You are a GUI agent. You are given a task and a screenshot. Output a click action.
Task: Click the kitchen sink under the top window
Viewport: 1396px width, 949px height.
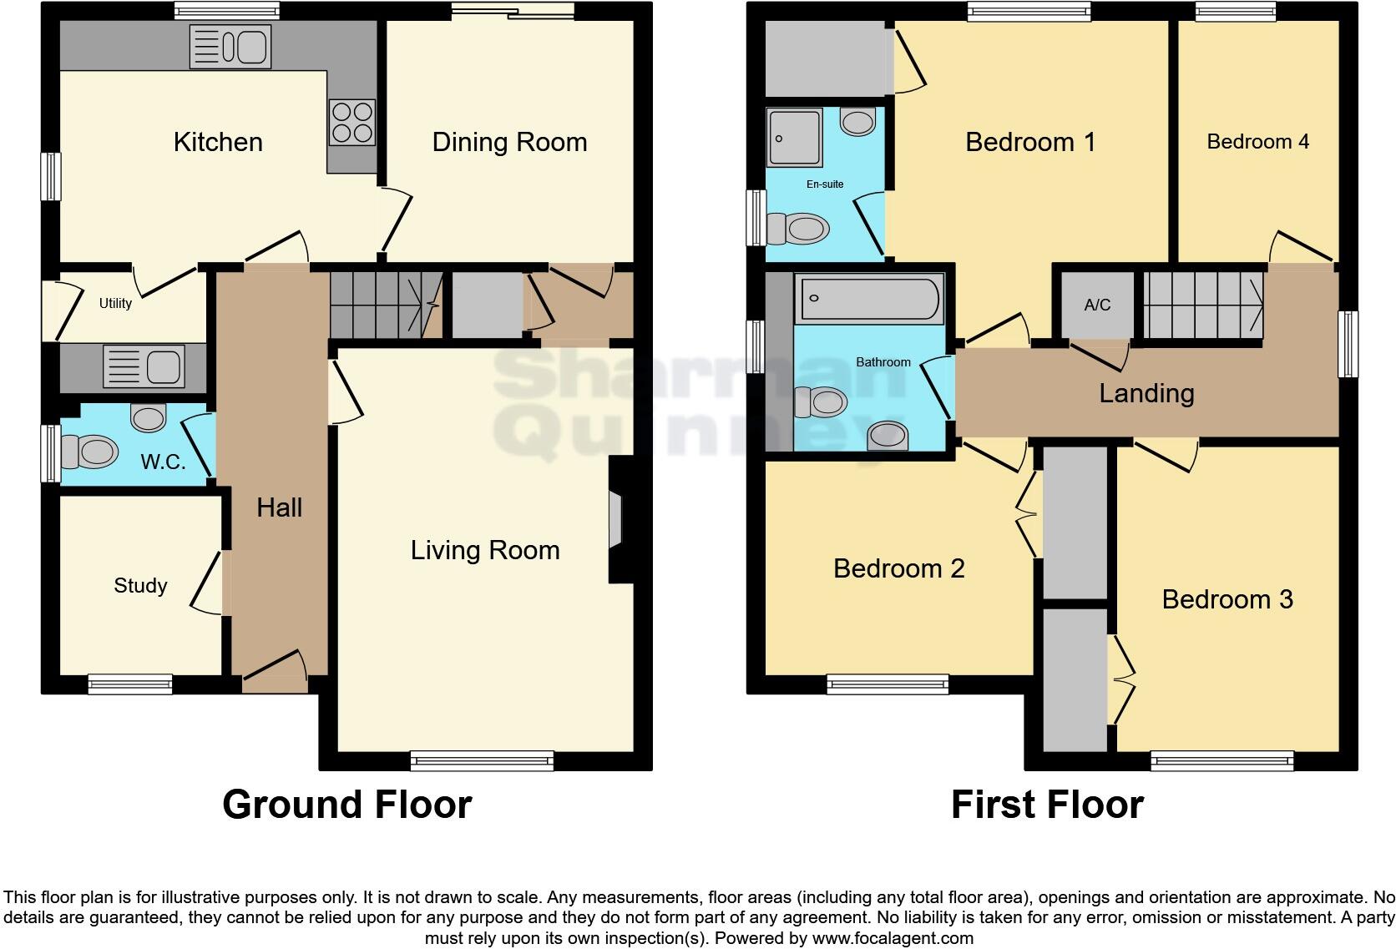pos(230,46)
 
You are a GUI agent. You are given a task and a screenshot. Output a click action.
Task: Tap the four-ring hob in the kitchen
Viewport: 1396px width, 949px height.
pos(352,122)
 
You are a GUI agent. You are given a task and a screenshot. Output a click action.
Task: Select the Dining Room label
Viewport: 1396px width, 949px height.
pos(509,142)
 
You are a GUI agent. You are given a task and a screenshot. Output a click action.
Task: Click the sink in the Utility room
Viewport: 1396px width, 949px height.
pos(143,367)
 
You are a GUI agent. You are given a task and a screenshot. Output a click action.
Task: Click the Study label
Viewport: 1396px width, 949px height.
pos(140,586)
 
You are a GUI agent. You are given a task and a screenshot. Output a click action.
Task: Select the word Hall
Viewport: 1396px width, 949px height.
pos(279,507)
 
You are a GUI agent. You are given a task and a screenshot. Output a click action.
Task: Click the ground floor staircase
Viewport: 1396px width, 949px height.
pos(385,304)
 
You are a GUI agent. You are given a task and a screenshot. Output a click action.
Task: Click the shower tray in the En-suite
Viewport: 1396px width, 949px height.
pos(795,137)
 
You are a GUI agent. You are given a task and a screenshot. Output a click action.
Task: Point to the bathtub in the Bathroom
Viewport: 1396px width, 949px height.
pos(869,300)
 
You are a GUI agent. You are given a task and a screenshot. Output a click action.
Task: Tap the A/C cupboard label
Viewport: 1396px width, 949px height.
pos(1097,305)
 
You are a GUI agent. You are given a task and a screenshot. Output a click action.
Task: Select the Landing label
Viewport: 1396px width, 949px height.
pos(1146,393)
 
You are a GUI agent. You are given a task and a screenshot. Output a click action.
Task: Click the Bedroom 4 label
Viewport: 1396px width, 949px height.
pos(1257,142)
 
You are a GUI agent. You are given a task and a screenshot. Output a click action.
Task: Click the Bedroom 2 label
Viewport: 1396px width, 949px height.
pos(898,569)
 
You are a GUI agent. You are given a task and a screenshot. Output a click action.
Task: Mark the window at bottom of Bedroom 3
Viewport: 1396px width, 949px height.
pos(1221,760)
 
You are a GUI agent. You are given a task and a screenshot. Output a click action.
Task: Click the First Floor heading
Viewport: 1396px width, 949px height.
pos(1047,805)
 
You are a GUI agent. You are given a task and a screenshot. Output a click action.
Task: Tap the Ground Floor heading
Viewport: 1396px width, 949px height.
pos(346,805)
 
